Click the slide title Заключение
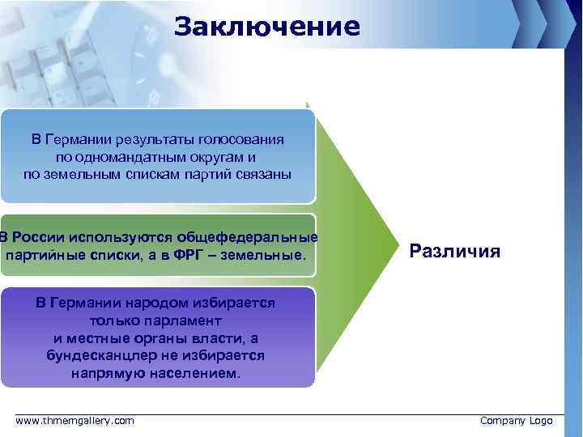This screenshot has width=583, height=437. tap(266, 27)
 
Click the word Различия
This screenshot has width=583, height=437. tap(454, 251)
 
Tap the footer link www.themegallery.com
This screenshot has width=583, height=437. tap(75, 421)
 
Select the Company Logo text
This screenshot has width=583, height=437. tap(516, 421)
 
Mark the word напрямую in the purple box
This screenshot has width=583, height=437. tap(111, 374)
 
